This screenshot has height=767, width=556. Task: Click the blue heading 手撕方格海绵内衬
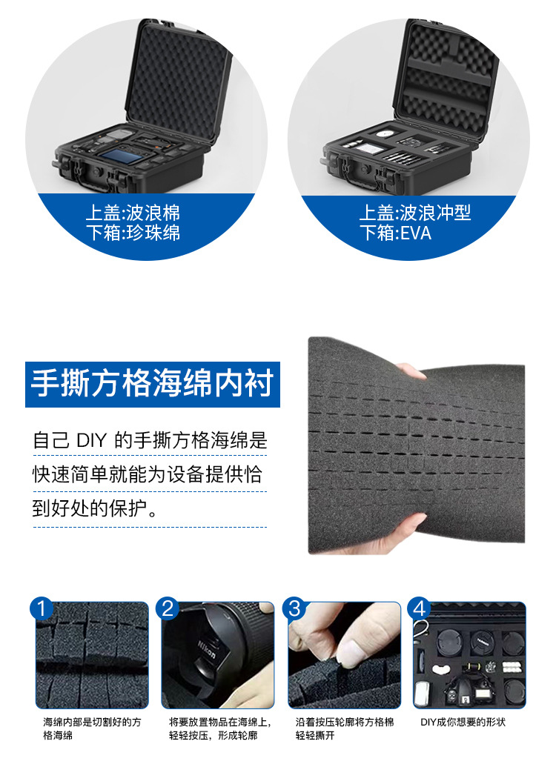[x=152, y=384]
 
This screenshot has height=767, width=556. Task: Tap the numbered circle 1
[x=42, y=608]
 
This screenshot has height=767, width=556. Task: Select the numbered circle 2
[x=168, y=608]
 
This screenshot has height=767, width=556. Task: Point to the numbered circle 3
[x=294, y=608]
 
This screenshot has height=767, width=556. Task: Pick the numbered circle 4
[x=420, y=608]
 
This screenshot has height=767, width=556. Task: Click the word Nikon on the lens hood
[x=206, y=650]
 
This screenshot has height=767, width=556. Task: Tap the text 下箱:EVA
[x=395, y=233]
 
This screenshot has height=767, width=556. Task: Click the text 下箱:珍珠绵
[x=133, y=233]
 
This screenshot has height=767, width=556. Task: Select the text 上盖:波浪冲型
[x=415, y=213]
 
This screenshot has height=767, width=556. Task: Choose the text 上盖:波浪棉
[x=133, y=213]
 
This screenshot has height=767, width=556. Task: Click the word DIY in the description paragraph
[x=91, y=440]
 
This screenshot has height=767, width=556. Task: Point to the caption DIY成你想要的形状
[x=463, y=722]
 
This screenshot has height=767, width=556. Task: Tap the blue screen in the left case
[x=121, y=157]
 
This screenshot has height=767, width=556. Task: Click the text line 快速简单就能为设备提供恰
[x=148, y=474]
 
